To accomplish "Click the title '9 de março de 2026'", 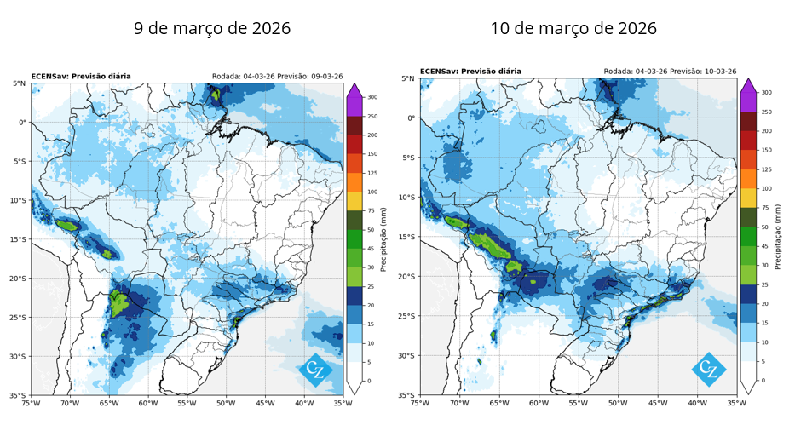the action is click(x=212, y=28).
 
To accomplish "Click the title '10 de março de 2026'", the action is click(x=573, y=28).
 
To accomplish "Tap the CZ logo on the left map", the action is click(x=315, y=370).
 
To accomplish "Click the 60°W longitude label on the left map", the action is click(x=148, y=403).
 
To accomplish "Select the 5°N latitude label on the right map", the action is click(x=408, y=78).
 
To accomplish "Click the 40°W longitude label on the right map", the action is click(x=697, y=403).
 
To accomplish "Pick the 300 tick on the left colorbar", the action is click(x=372, y=97).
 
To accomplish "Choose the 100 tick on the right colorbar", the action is click(x=766, y=188).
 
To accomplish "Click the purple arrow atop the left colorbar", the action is click(x=354, y=90).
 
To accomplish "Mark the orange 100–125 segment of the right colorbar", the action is click(x=748, y=179).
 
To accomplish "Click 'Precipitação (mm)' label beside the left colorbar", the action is click(x=383, y=239).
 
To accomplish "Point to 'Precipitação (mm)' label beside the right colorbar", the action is click(x=778, y=237).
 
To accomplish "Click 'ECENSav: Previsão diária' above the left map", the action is click(x=81, y=77).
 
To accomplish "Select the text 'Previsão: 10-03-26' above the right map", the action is click(x=703, y=72).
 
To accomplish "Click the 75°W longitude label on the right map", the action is click(x=420, y=403).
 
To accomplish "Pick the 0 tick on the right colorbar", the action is click(x=763, y=381).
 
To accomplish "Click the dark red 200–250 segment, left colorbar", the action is click(x=354, y=125).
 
